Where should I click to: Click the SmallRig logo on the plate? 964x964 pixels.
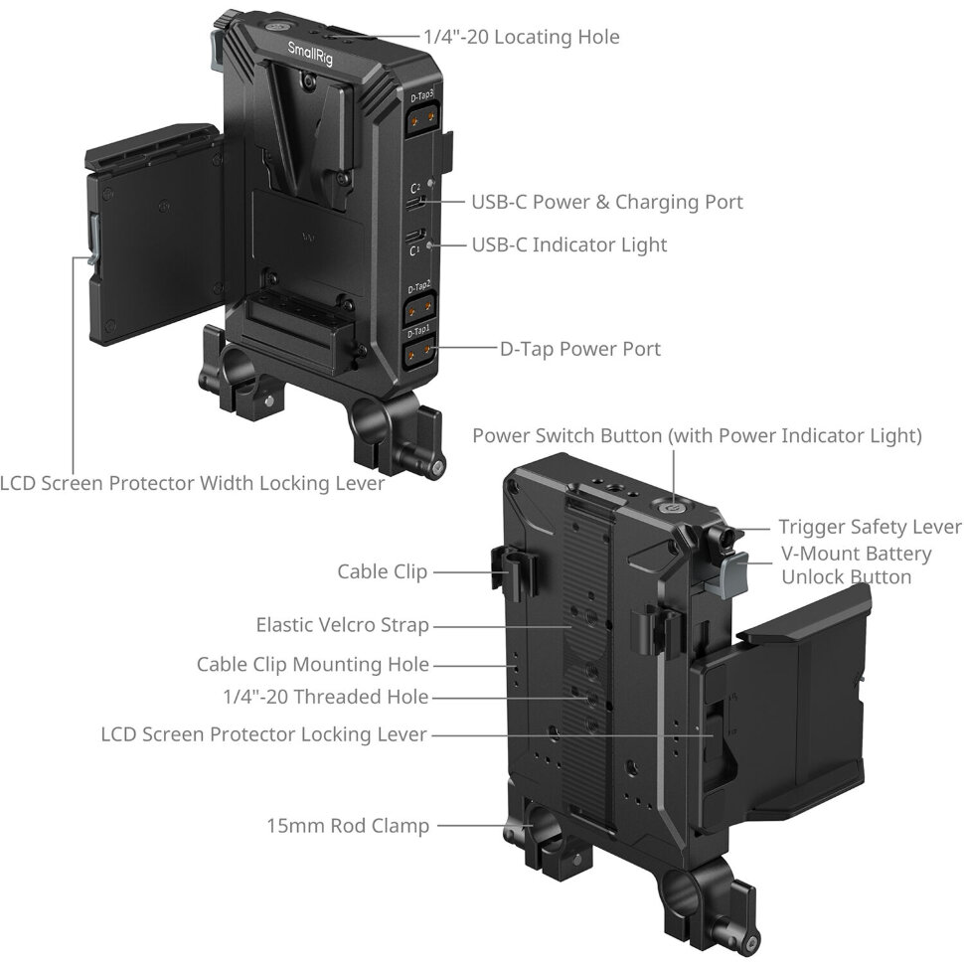pyautogui.click(x=310, y=54)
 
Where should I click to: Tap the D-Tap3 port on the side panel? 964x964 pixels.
pyautogui.click(x=422, y=117)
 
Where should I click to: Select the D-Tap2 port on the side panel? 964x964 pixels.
pyautogui.click(x=420, y=307)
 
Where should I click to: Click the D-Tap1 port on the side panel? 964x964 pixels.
pyautogui.click(x=418, y=352)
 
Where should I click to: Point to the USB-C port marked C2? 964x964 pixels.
pyautogui.click(x=414, y=203)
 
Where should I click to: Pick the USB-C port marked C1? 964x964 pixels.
pyautogui.click(x=414, y=236)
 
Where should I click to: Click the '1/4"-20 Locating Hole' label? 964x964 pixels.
pyautogui.click(x=522, y=37)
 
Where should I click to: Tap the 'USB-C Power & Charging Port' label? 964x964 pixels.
pyautogui.click(x=607, y=203)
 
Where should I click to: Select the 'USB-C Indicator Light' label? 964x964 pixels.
pyautogui.click(x=568, y=244)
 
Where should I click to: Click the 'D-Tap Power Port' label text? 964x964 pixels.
pyautogui.click(x=579, y=349)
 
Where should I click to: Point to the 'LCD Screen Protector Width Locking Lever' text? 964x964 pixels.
pyautogui.click(x=193, y=483)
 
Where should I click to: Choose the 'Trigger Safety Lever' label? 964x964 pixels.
pyautogui.click(x=870, y=527)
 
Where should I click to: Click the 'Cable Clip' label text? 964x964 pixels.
pyautogui.click(x=382, y=571)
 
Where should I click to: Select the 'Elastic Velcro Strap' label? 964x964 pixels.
pyautogui.click(x=343, y=625)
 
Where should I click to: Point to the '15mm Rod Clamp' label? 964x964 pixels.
pyautogui.click(x=348, y=826)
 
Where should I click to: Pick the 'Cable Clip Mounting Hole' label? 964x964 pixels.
pyautogui.click(x=312, y=665)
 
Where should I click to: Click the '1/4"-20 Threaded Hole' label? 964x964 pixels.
pyautogui.click(x=325, y=698)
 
